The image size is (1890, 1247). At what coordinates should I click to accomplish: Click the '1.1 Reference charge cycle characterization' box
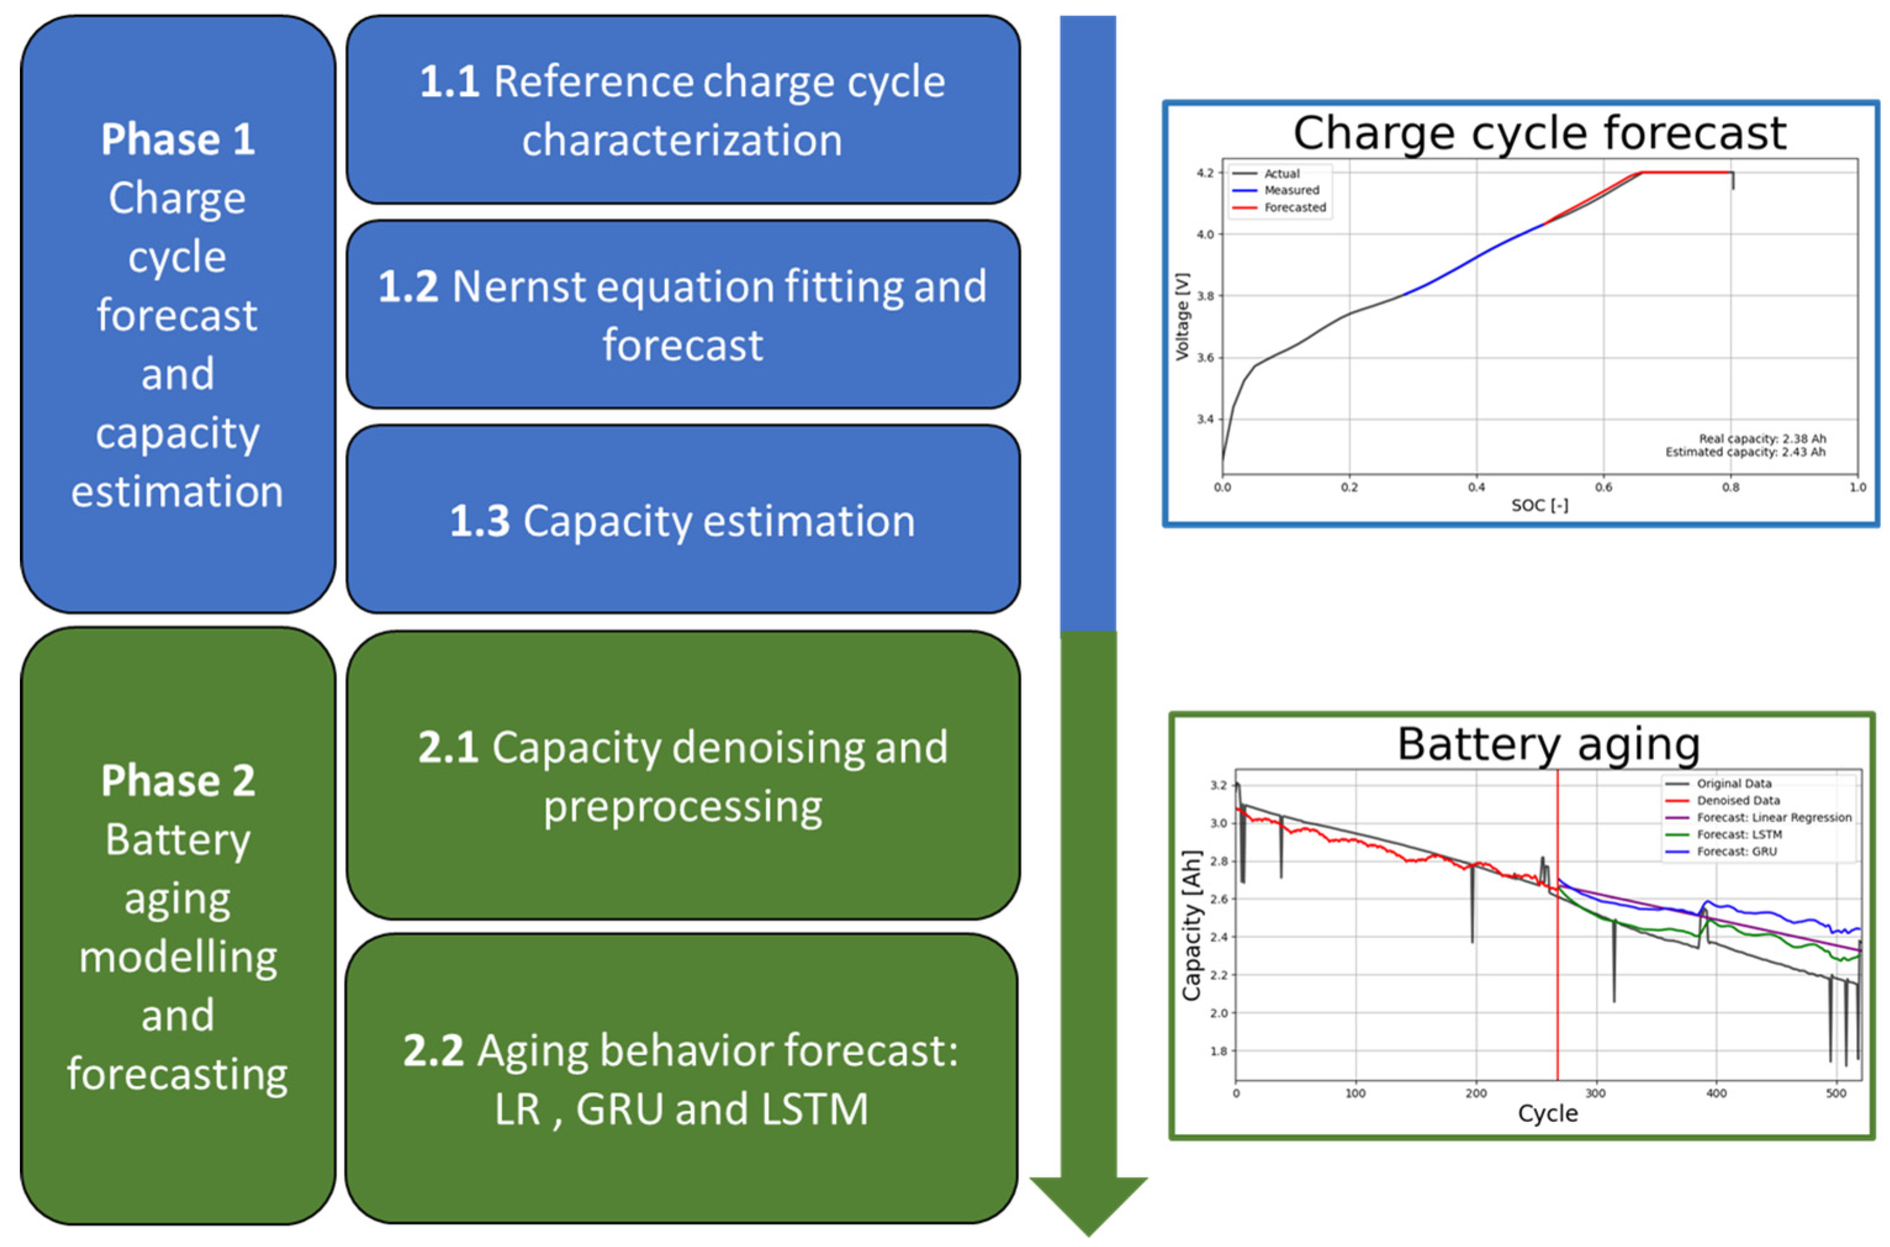pos(682,110)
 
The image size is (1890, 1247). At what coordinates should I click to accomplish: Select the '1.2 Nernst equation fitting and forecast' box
pos(682,314)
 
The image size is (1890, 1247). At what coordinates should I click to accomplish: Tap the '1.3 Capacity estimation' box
pos(682,520)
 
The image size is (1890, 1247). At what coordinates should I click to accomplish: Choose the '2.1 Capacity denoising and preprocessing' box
pos(682,775)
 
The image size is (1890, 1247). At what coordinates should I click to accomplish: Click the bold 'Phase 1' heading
pos(178,139)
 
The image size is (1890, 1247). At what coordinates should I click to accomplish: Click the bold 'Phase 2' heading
pos(178,780)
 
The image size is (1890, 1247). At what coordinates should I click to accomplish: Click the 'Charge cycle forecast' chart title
pos(1539,132)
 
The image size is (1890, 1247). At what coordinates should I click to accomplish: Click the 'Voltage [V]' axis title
pos(1182,316)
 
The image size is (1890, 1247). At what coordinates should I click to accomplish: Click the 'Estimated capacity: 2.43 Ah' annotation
pos(1745,452)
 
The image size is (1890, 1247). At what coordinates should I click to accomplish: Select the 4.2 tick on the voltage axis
pos(1205,173)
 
